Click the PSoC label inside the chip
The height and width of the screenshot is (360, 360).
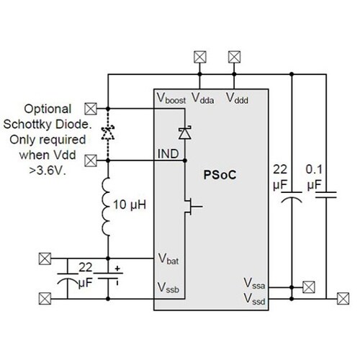click(222, 174)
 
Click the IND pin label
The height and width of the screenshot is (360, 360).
click(167, 153)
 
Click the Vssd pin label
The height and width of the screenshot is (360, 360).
click(255, 297)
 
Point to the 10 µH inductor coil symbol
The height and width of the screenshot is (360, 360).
click(107, 206)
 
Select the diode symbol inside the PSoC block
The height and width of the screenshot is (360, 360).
click(186, 131)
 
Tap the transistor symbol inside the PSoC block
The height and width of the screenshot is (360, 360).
click(190, 210)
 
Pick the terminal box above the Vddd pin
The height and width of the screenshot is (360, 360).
click(233, 55)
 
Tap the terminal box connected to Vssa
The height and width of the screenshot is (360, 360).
click(308, 286)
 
